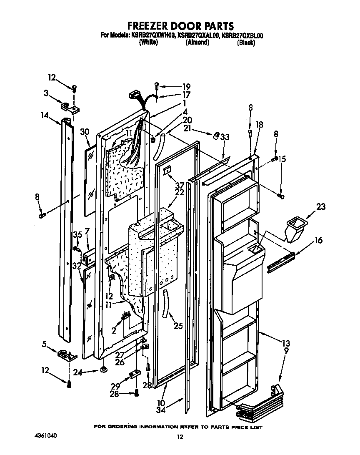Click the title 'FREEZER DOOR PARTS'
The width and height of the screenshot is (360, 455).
(x=180, y=26)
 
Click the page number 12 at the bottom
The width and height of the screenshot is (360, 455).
(x=180, y=437)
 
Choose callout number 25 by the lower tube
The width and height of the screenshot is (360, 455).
(x=178, y=326)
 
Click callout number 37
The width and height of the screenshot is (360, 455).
(x=179, y=185)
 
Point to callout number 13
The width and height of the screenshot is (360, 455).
(x=285, y=343)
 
